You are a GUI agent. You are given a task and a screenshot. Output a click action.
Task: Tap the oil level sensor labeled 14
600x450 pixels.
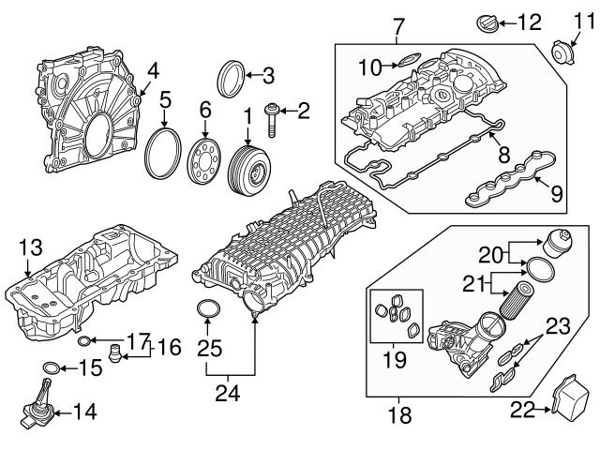pos(37,404)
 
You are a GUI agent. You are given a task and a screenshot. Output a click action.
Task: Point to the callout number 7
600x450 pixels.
pos(397,22)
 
